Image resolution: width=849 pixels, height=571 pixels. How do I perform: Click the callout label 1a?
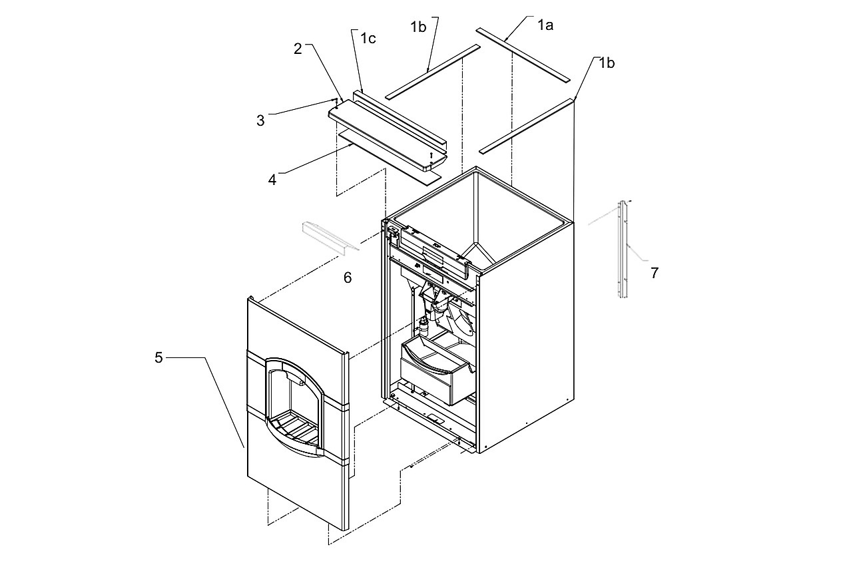(545, 25)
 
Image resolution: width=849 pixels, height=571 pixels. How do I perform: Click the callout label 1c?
(368, 39)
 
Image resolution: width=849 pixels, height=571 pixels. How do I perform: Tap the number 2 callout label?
(298, 49)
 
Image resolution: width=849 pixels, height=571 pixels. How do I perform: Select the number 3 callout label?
(260, 120)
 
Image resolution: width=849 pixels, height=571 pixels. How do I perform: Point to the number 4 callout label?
(272, 180)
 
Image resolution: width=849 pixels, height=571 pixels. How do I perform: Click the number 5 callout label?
(158, 357)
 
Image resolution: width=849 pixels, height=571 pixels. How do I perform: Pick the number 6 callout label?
(348, 278)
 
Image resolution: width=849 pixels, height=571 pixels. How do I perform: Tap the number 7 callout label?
(655, 273)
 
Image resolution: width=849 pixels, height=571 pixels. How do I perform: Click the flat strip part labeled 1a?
(523, 55)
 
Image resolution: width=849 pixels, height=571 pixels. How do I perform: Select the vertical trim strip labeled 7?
(623, 249)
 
